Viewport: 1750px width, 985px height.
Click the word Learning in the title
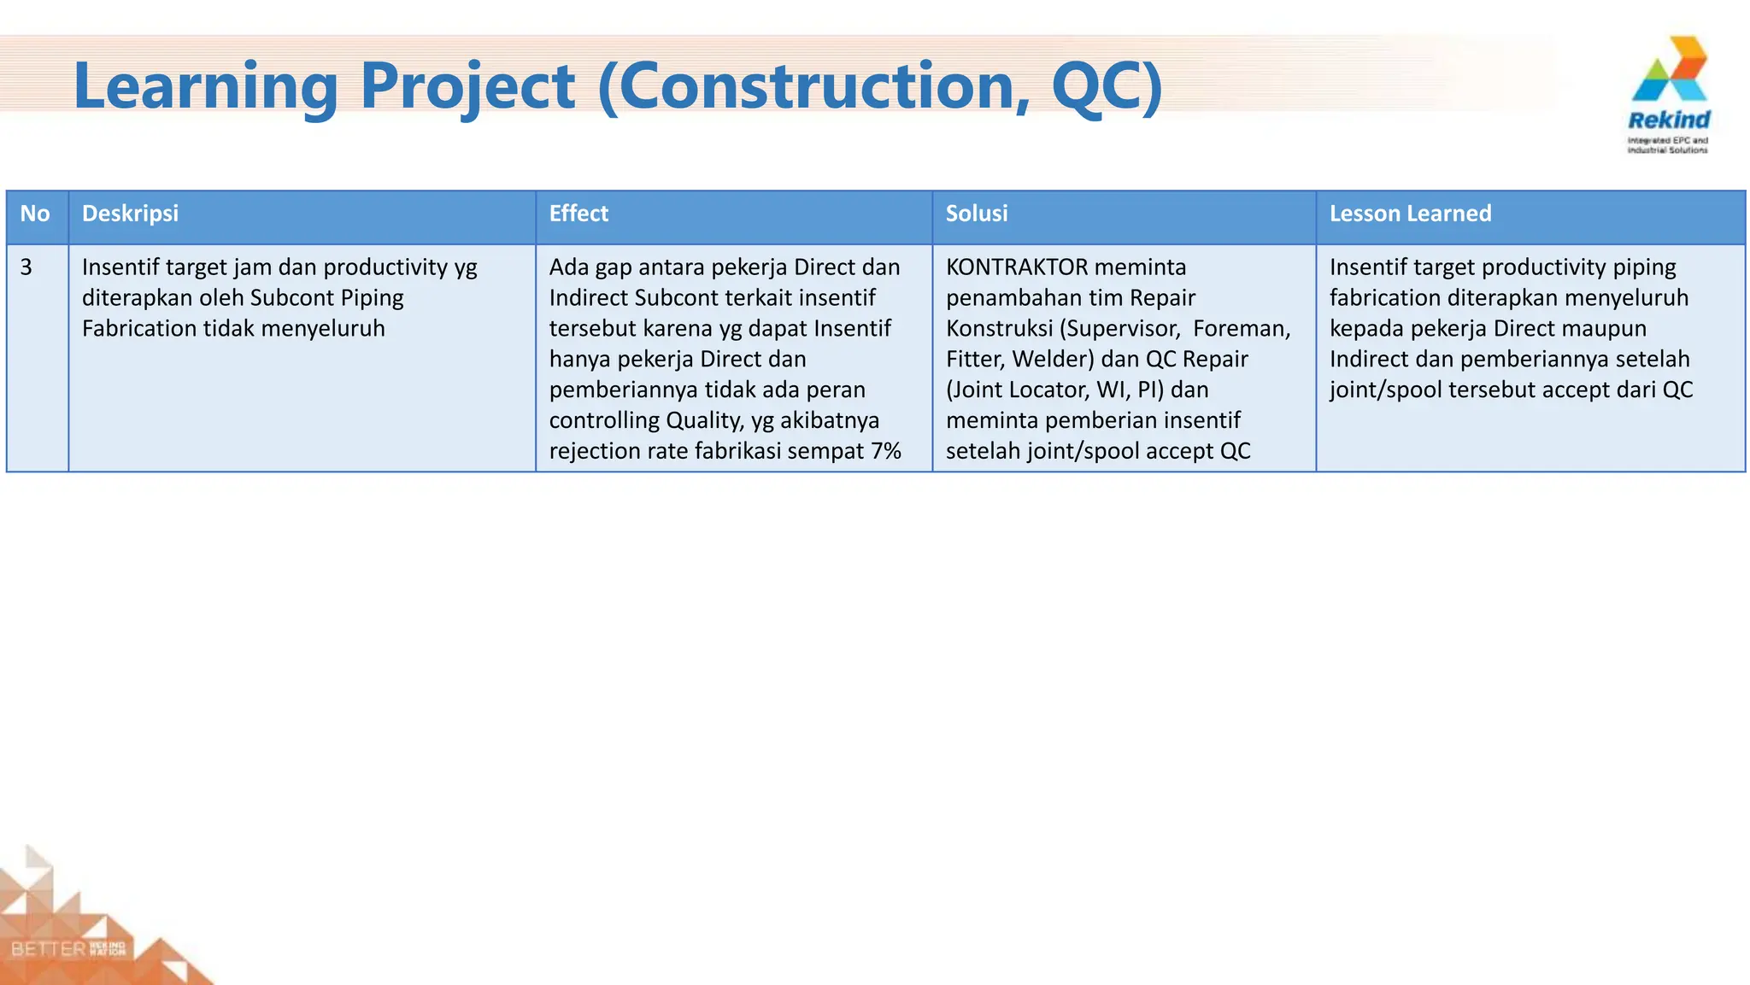(x=206, y=86)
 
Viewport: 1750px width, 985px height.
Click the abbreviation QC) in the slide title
(x=1107, y=86)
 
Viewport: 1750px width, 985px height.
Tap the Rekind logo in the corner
(x=1668, y=94)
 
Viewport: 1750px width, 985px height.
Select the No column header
(x=35, y=214)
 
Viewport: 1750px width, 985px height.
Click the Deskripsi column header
(x=130, y=214)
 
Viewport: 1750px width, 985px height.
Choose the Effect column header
(x=578, y=214)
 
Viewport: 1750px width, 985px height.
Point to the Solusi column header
(x=977, y=214)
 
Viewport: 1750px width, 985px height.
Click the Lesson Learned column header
(x=1410, y=214)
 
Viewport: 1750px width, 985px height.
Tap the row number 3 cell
(x=26, y=267)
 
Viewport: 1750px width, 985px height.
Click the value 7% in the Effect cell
(x=886, y=451)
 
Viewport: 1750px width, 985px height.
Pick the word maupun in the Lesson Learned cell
(x=1607, y=329)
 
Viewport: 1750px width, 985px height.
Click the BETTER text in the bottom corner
(x=49, y=949)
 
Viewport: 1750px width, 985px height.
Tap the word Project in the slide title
(x=467, y=86)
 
